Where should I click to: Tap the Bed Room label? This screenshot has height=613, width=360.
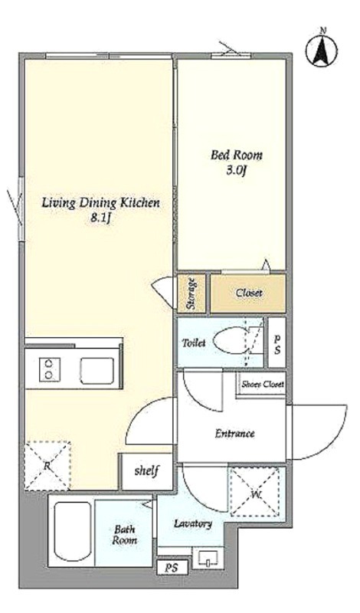click(x=237, y=155)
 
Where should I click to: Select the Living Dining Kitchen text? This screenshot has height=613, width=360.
click(x=101, y=203)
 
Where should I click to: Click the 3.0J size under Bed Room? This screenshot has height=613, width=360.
click(x=236, y=170)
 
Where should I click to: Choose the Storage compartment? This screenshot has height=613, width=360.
click(x=191, y=293)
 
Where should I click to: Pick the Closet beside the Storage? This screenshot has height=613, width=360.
click(x=248, y=293)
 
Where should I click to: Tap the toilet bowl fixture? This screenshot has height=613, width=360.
click(x=231, y=342)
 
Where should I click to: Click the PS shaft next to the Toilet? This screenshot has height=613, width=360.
click(x=277, y=343)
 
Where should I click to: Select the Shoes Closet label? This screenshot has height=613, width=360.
click(x=262, y=384)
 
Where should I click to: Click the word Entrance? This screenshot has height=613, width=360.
click(x=235, y=433)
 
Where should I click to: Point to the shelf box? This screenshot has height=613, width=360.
click(x=146, y=471)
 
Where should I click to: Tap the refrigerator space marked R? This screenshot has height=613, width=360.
click(x=47, y=466)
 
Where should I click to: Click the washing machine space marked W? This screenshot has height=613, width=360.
click(x=255, y=492)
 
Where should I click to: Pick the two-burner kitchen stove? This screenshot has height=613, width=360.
click(x=49, y=369)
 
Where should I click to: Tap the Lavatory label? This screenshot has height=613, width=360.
click(x=193, y=524)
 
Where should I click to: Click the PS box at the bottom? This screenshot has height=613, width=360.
click(x=172, y=567)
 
